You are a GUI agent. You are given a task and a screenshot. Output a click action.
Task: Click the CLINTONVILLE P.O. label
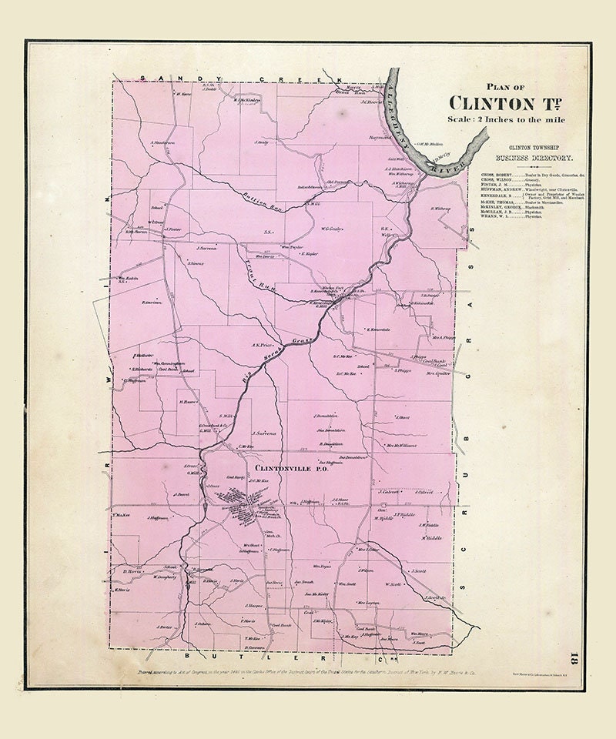[282, 467]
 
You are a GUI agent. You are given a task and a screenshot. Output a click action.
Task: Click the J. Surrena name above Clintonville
[263, 433]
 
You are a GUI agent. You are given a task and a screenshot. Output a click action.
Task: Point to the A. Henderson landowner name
[163, 143]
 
